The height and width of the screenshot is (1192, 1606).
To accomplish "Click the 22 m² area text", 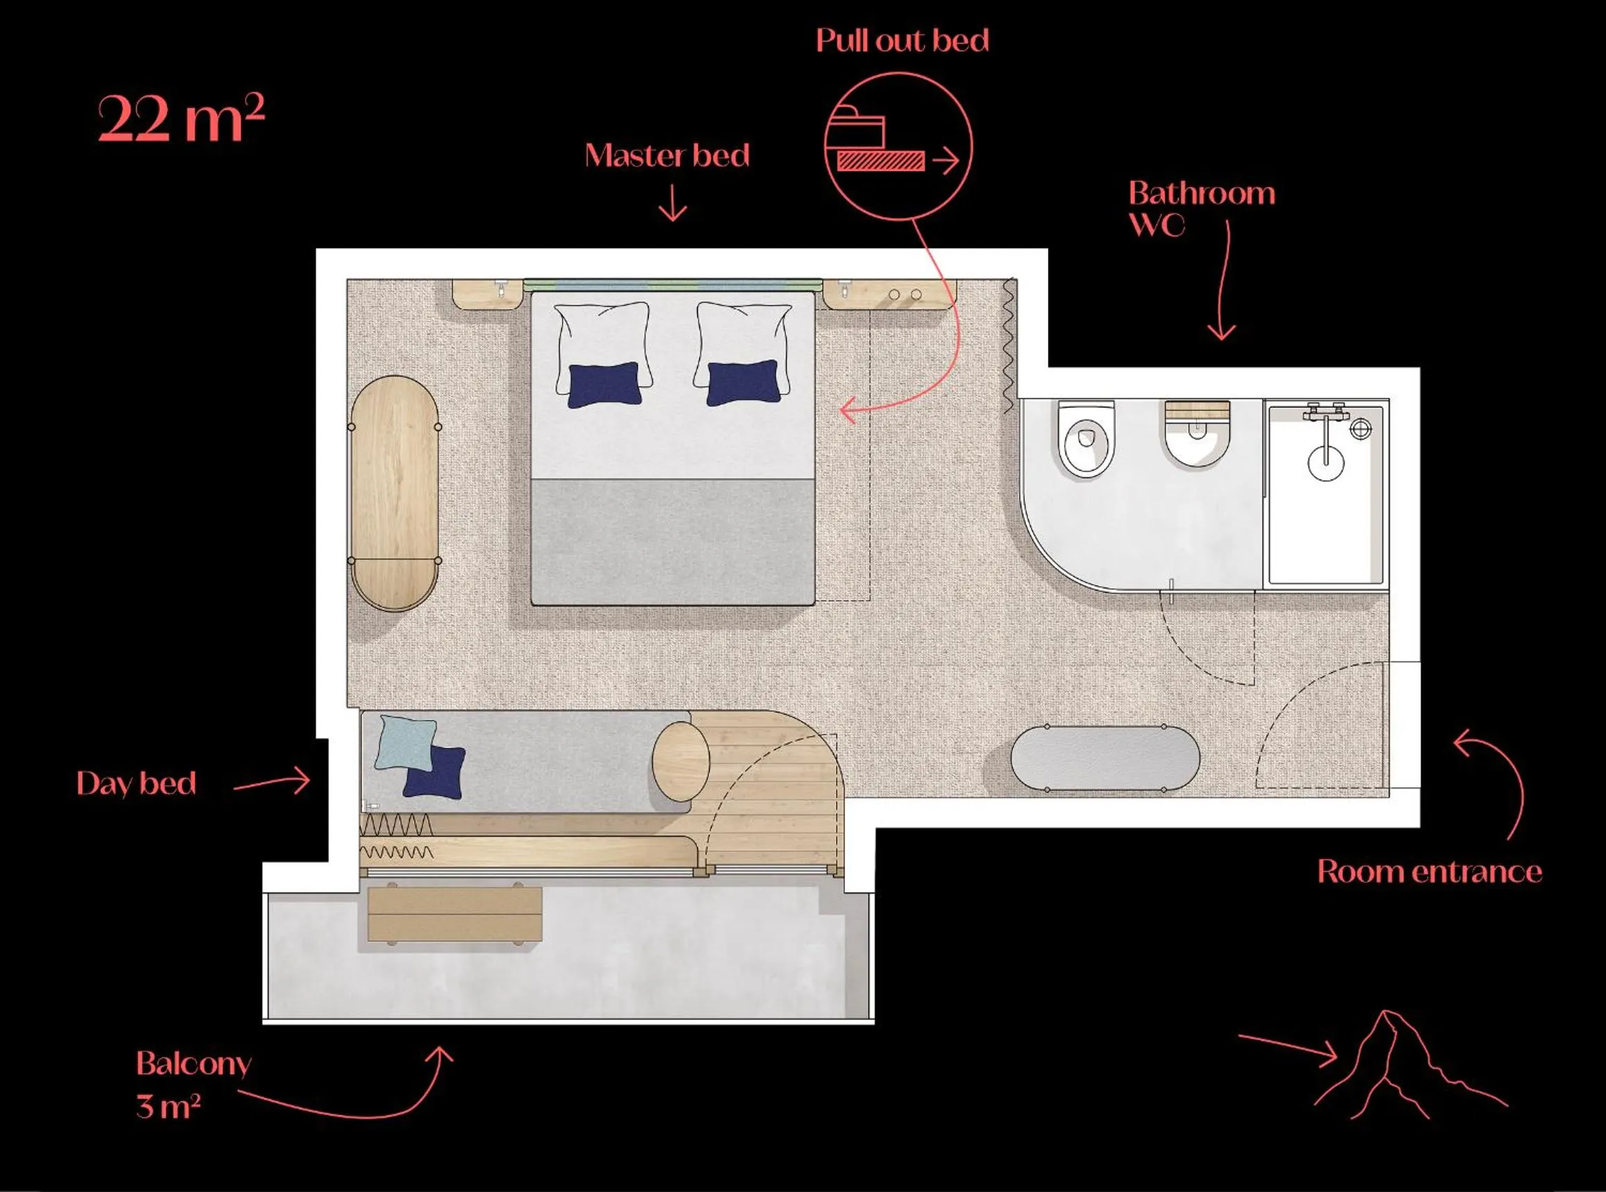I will point(181,120).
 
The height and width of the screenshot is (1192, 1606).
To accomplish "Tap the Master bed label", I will point(667,157).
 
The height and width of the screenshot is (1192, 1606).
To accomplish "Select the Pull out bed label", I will point(903,41).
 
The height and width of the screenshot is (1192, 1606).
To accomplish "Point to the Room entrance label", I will point(1429,872).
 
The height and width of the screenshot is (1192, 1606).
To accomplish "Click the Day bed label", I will point(137,784).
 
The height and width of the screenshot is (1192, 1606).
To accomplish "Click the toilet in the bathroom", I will point(1086,440).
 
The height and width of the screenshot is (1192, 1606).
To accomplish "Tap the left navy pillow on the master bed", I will point(604,386).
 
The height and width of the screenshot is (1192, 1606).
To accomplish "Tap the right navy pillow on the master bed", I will point(742,384).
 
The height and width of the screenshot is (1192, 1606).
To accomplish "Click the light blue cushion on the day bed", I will point(406,742).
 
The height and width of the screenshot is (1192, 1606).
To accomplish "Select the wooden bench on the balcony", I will point(454,913).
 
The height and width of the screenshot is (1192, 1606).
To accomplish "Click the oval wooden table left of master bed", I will point(394,494).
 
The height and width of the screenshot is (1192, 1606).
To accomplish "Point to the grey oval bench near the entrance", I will point(1105,759).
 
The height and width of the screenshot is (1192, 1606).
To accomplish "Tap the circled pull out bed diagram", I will point(898,146).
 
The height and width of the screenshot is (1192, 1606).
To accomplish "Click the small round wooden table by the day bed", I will point(681,761).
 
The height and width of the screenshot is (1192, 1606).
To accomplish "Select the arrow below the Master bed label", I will point(673,202).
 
